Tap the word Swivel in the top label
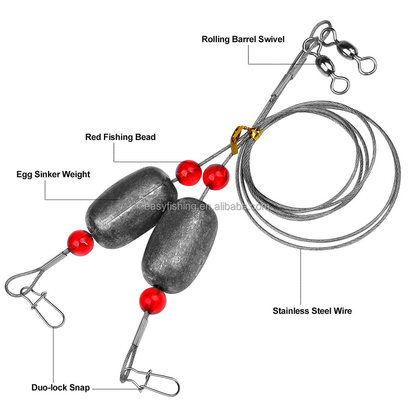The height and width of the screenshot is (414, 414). click(x=272, y=39)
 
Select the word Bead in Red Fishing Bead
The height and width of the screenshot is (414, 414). click(x=146, y=137)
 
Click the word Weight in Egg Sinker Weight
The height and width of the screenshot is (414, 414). click(x=76, y=174)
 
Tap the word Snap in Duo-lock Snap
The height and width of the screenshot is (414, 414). click(x=79, y=388)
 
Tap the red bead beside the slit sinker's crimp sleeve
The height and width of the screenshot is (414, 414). click(x=80, y=243)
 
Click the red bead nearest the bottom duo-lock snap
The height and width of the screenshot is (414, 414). click(x=152, y=300)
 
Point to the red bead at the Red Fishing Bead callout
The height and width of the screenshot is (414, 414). click(x=188, y=173)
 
